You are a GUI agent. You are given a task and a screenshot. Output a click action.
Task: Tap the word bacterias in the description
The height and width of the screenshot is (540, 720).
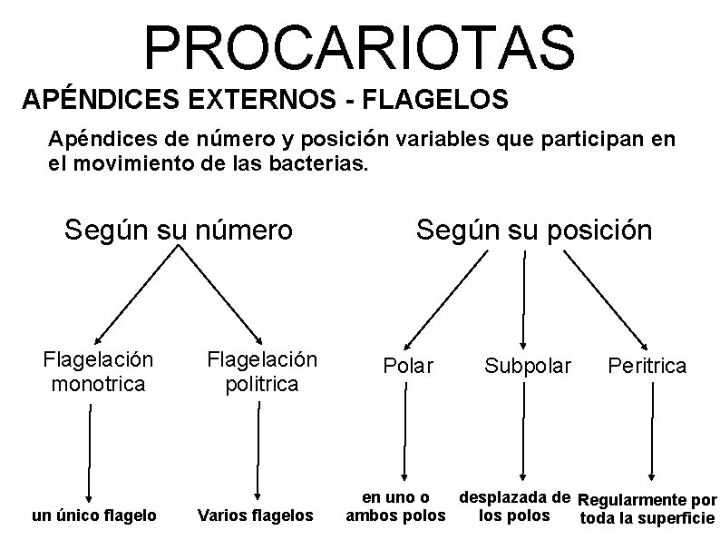click(312, 166)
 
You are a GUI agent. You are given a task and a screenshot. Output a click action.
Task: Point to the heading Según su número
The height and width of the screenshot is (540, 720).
click(179, 230)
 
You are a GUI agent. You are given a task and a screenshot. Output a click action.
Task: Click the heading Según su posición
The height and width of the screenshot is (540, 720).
click(533, 230)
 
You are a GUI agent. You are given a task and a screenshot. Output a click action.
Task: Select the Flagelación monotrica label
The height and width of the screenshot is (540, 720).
click(98, 371)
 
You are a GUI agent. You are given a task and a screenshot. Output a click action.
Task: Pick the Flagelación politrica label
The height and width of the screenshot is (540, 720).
click(262, 371)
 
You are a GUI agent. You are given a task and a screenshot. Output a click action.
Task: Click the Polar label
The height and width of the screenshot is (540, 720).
click(408, 366)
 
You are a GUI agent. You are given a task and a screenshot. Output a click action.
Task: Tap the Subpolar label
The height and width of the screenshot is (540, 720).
click(528, 366)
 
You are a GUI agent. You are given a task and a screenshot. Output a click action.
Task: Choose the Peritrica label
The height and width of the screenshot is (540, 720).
click(647, 366)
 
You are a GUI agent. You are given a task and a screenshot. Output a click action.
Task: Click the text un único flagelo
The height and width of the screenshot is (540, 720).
click(93, 515)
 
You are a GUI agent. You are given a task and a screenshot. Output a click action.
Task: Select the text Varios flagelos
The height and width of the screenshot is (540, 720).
click(255, 515)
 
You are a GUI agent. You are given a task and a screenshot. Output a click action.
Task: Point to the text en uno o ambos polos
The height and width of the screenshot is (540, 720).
click(395, 506)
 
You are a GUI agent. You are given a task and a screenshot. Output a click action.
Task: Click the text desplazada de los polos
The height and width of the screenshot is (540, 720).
click(514, 506)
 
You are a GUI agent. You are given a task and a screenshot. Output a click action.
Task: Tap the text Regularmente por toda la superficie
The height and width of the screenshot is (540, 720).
click(647, 509)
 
